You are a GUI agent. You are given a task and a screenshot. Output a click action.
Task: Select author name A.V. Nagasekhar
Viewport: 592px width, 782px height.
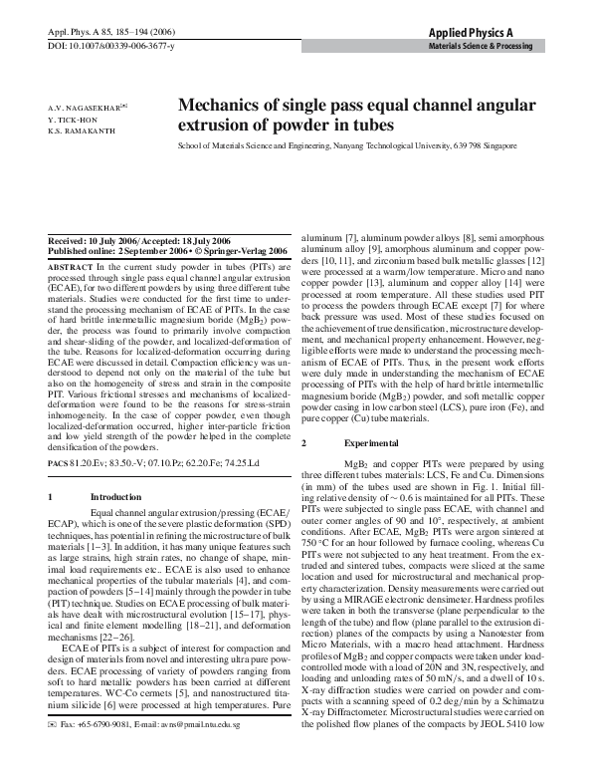pos(85,105)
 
